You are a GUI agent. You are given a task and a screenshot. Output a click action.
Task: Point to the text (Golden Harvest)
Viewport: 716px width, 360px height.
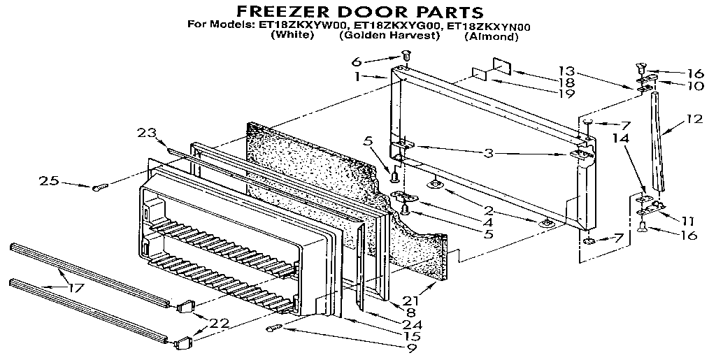[389, 36]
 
